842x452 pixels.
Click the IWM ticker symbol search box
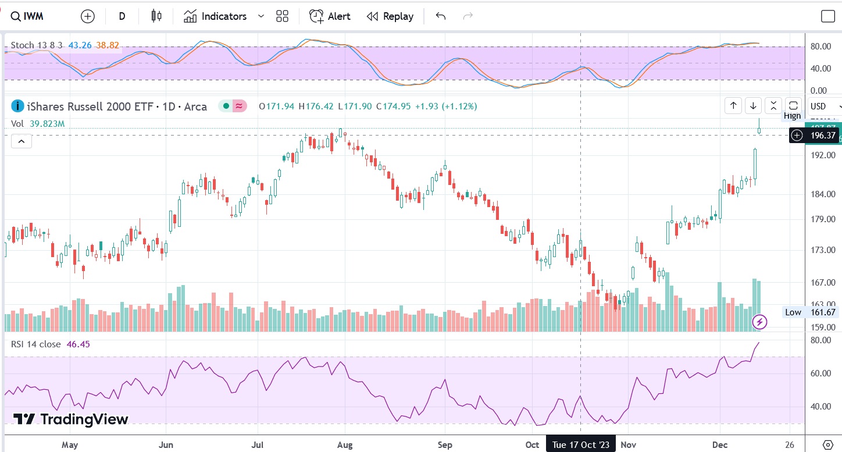tap(28, 16)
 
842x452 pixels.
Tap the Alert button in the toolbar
tap(330, 16)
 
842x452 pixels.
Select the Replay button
tap(390, 16)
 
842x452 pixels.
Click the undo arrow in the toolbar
tap(440, 16)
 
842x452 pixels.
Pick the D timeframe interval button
tap(122, 16)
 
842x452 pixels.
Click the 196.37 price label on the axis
tap(820, 136)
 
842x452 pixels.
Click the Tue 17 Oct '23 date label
tap(581, 445)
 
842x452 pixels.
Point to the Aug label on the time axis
tap(345, 445)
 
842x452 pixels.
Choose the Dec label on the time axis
tap(720, 445)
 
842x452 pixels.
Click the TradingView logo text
tap(71, 419)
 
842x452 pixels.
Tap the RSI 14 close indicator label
tap(35, 344)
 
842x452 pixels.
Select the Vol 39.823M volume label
tap(37, 123)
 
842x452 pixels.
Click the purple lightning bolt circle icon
tap(759, 322)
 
